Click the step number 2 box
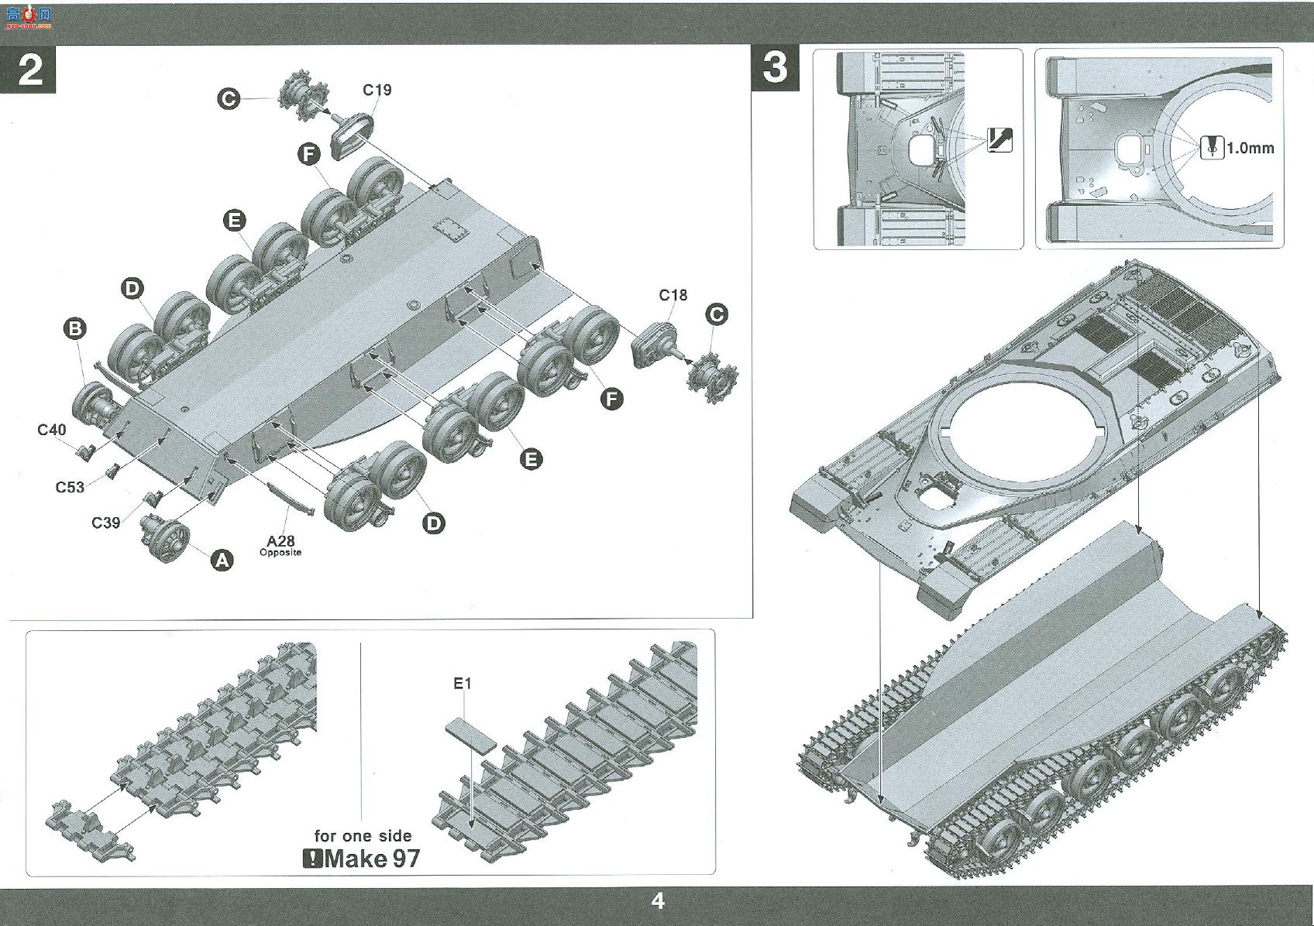(x=28, y=69)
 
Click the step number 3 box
(x=775, y=69)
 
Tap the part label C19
(x=377, y=90)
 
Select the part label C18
(x=672, y=295)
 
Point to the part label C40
(x=52, y=430)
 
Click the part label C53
(x=70, y=487)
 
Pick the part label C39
(x=105, y=522)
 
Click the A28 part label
(x=280, y=541)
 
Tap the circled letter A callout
(x=222, y=561)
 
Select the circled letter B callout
(x=75, y=328)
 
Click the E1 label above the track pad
(x=463, y=684)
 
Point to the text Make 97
(x=372, y=859)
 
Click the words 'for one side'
(x=363, y=835)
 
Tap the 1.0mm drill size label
(x=1250, y=149)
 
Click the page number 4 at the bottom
(x=658, y=900)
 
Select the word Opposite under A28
(x=280, y=552)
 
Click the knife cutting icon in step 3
(x=999, y=140)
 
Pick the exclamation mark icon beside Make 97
(x=313, y=859)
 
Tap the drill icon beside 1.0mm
(x=1212, y=147)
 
